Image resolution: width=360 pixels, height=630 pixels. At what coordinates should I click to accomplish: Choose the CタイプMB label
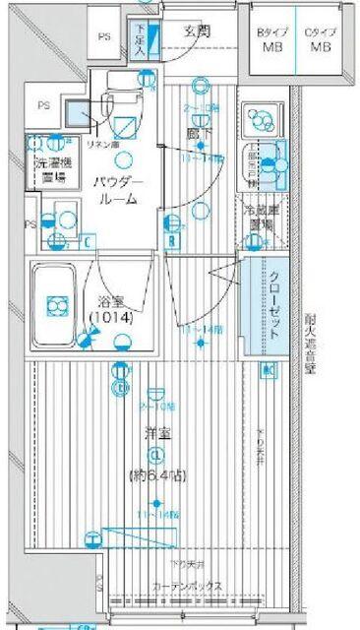tap(320, 39)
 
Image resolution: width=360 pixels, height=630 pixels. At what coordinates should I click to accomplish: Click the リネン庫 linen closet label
tap(101, 144)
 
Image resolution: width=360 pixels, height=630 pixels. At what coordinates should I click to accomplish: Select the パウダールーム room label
tap(120, 190)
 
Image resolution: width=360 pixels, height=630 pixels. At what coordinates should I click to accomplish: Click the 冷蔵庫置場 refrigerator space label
tap(261, 217)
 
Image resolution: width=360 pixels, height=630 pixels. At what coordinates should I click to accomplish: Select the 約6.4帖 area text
tap(155, 476)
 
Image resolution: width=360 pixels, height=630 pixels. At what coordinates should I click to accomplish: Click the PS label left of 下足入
tap(104, 37)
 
